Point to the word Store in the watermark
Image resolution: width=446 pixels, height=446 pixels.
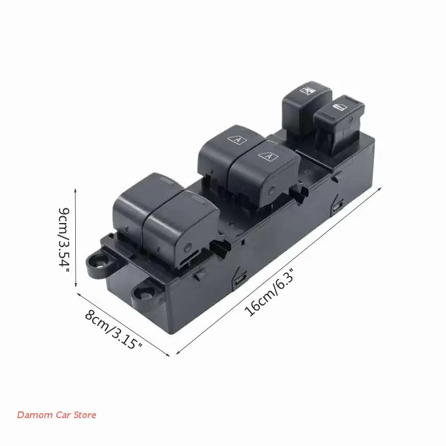85,415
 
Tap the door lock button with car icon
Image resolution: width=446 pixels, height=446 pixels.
338,124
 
